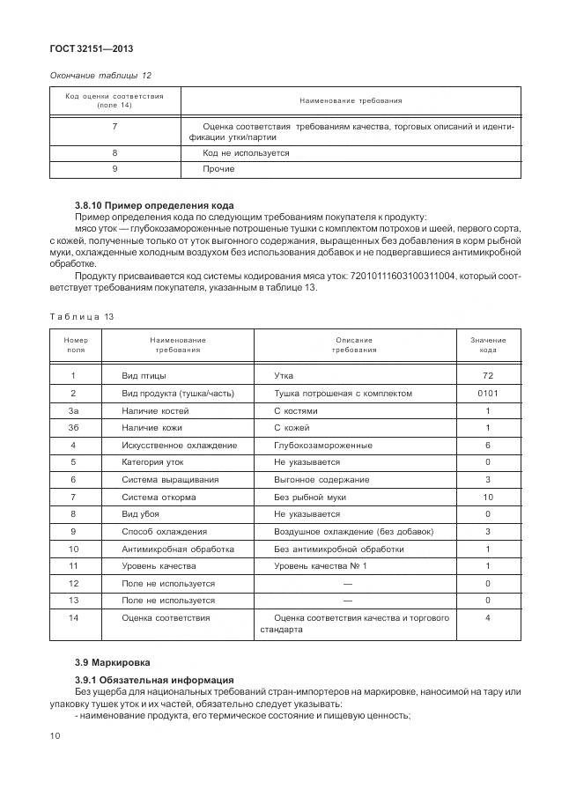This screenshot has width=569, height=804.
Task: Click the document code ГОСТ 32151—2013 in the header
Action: [x=85, y=48]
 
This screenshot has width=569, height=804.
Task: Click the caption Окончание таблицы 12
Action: [x=94, y=75]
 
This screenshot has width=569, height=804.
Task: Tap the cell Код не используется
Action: [x=246, y=152]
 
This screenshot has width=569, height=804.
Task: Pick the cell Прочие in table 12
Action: [x=218, y=168]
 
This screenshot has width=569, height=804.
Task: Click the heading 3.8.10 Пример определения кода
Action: [x=154, y=205]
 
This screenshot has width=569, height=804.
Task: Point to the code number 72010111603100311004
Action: [x=394, y=275]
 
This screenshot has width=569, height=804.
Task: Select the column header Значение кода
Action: [x=487, y=344]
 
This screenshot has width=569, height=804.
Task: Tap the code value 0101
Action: [x=487, y=393]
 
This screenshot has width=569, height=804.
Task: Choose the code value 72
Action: [x=487, y=376]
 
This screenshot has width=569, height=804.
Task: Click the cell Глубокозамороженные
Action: [x=320, y=445]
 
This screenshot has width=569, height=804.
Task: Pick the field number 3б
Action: [x=73, y=428]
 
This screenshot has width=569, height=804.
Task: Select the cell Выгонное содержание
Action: [x=321, y=480]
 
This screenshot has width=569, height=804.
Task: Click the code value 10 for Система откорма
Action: [x=487, y=497]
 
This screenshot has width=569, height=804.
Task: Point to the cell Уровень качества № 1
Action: [x=320, y=565]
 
